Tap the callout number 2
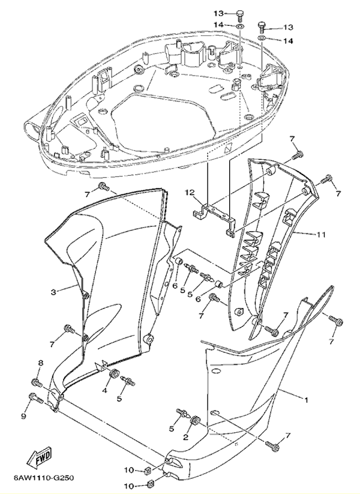click(x=185, y=438)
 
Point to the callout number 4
click(x=104, y=391)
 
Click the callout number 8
click(x=41, y=363)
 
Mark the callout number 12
click(x=190, y=193)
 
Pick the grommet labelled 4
click(x=112, y=376)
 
